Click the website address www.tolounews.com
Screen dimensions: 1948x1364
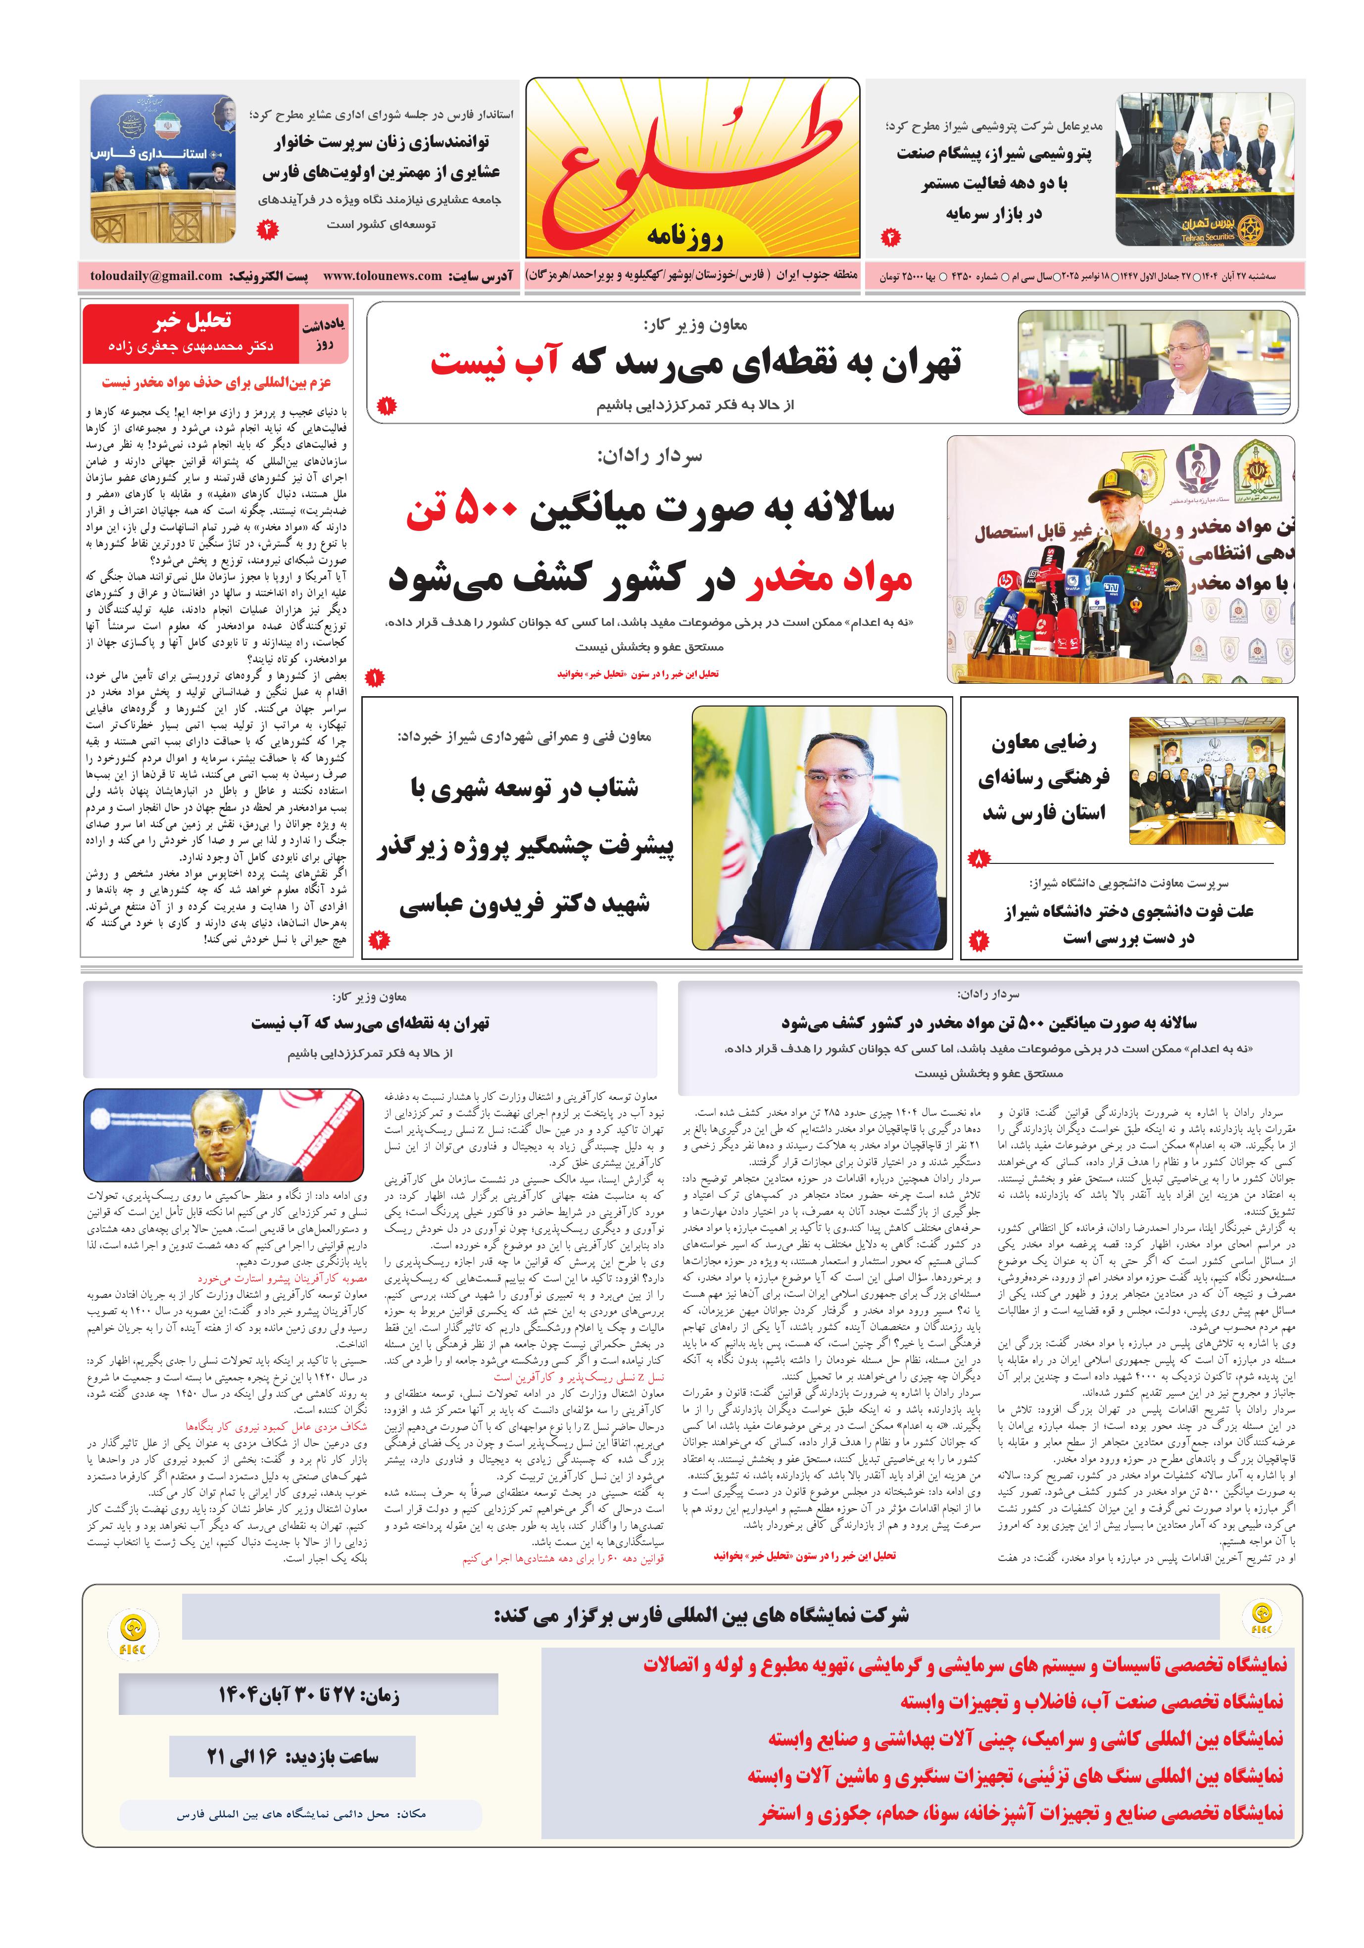pyautogui.click(x=382, y=276)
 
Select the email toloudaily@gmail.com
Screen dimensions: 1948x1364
pyautogui.click(x=156, y=276)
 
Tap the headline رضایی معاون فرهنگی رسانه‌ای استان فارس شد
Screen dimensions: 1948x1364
pyautogui.click(x=1044, y=778)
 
